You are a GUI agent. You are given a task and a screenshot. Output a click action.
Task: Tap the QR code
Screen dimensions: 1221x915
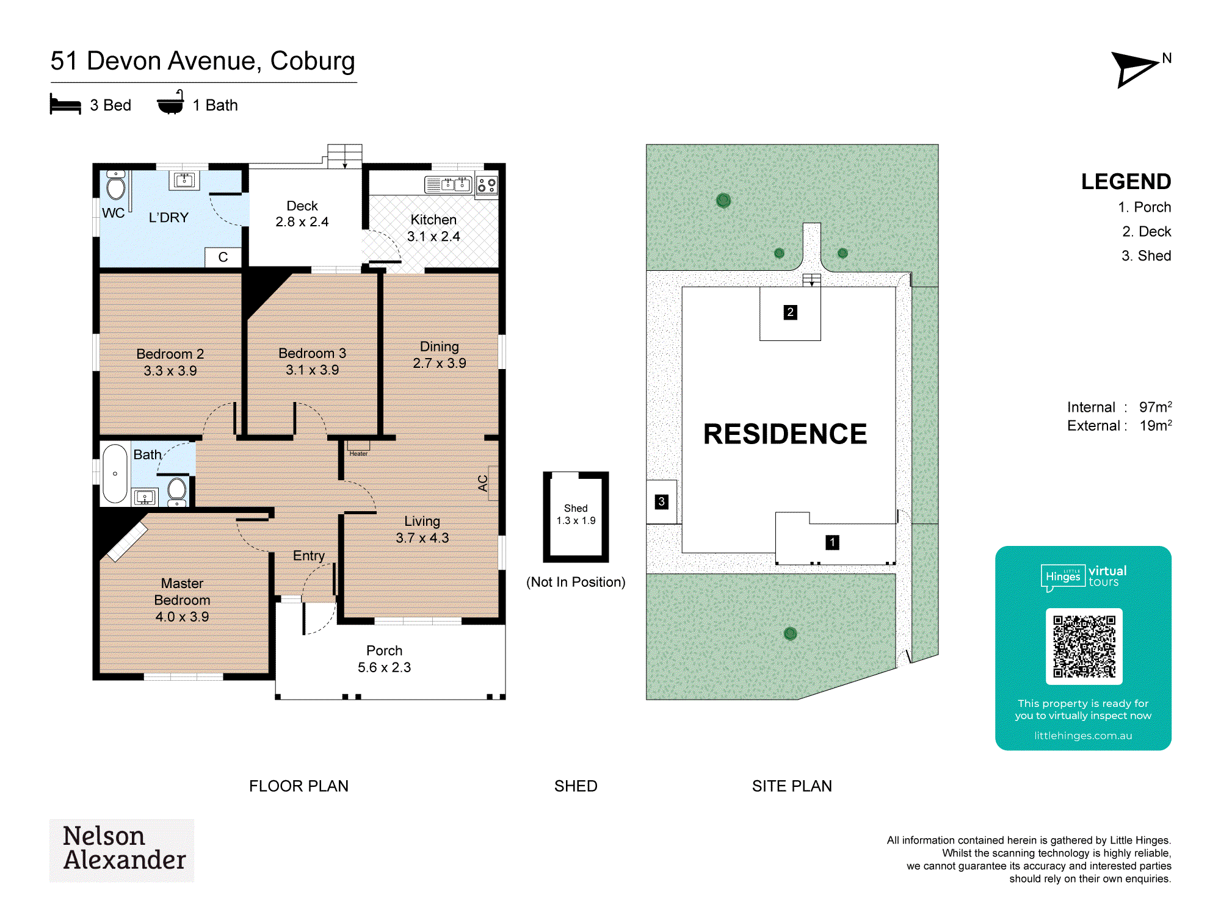[1084, 646]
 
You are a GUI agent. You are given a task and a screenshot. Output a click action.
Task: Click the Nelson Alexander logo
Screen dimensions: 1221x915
[122, 850]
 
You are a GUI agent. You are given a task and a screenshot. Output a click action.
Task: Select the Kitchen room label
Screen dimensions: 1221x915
[433, 220]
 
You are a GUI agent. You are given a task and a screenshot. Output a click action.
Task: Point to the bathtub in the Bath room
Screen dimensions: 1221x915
[115, 473]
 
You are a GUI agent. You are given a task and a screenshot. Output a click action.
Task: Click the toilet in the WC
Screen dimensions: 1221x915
[115, 185]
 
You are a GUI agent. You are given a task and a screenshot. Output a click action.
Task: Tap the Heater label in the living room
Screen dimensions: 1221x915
[358, 453]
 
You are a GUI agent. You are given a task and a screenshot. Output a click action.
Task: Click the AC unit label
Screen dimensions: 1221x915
[483, 483]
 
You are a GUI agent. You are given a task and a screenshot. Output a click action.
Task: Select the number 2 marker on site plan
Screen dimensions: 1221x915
[790, 312]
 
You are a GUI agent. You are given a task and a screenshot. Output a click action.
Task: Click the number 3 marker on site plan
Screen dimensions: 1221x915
[661, 502]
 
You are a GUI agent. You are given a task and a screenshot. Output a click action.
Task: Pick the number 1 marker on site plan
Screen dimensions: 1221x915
[832, 542]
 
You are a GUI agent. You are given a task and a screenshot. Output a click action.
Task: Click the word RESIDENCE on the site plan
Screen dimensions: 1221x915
[785, 434]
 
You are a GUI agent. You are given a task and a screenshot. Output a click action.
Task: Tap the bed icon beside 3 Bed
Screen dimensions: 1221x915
[65, 104]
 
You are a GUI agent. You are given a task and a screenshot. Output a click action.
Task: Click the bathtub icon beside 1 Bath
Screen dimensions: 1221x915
[171, 102]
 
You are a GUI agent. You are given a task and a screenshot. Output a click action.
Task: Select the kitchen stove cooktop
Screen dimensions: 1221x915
[487, 185]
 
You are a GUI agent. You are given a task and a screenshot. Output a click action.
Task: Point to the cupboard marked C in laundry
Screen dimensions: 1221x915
[223, 257]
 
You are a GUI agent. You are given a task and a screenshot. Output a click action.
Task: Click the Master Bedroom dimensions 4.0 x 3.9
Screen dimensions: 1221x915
[182, 617]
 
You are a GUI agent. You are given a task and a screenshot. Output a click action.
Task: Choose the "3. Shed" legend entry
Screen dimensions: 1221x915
[1146, 256]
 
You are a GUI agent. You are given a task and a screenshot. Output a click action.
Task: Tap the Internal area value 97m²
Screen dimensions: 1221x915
[1155, 407]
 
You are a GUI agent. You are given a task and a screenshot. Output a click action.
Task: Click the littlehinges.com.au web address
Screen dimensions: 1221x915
[1083, 736]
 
